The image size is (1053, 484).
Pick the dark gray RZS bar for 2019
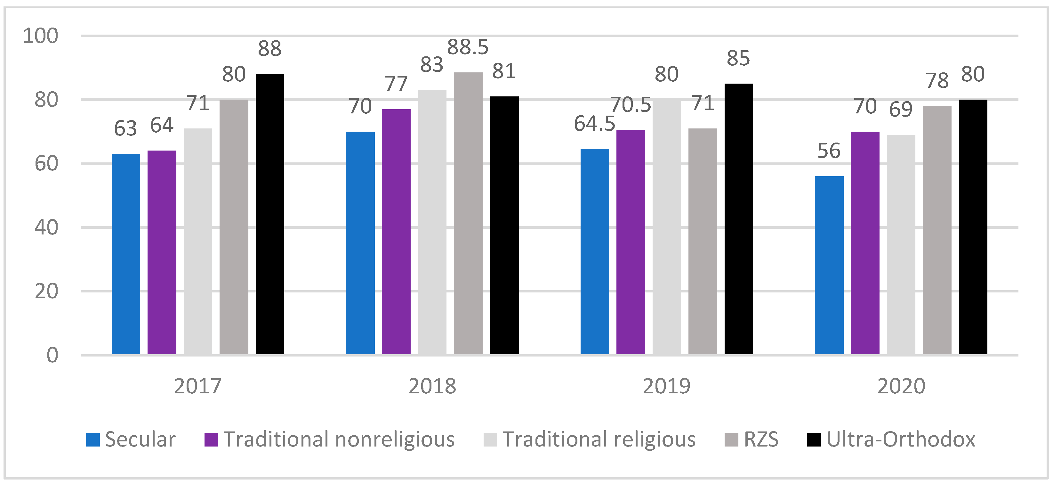[703, 242]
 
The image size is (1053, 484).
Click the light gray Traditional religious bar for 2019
[667, 227]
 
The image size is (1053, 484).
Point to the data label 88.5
[468, 47]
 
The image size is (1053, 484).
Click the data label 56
[829, 151]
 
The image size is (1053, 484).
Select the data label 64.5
[594, 124]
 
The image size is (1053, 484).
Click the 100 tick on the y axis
[40, 36]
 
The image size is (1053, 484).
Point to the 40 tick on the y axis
[46, 227]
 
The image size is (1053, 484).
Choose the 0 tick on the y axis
[52, 355]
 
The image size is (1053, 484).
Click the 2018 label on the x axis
[432, 386]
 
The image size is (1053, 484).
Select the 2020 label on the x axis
[901, 386]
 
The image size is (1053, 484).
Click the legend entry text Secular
[140, 439]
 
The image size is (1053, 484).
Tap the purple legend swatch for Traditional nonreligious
[211, 440]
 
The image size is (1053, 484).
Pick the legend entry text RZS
[761, 439]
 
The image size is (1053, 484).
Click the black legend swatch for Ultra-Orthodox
[814, 440]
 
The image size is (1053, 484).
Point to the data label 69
[901, 110]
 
